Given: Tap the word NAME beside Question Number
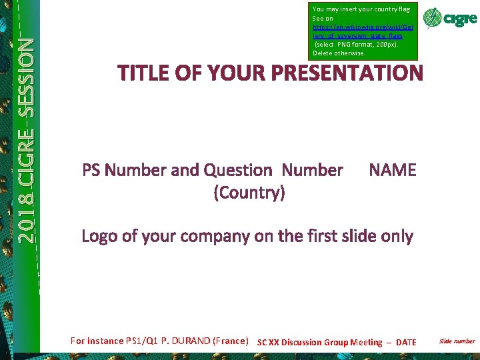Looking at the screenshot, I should pos(392,171).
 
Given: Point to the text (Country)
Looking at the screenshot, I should pos(249,193).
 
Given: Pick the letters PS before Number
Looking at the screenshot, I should pos(92,171).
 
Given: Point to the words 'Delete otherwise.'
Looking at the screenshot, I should pos(339,53).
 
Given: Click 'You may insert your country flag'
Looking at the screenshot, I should pos(361,9).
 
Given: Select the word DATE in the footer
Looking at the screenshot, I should pos(406,343).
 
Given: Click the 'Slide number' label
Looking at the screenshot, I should pos(457,341).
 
